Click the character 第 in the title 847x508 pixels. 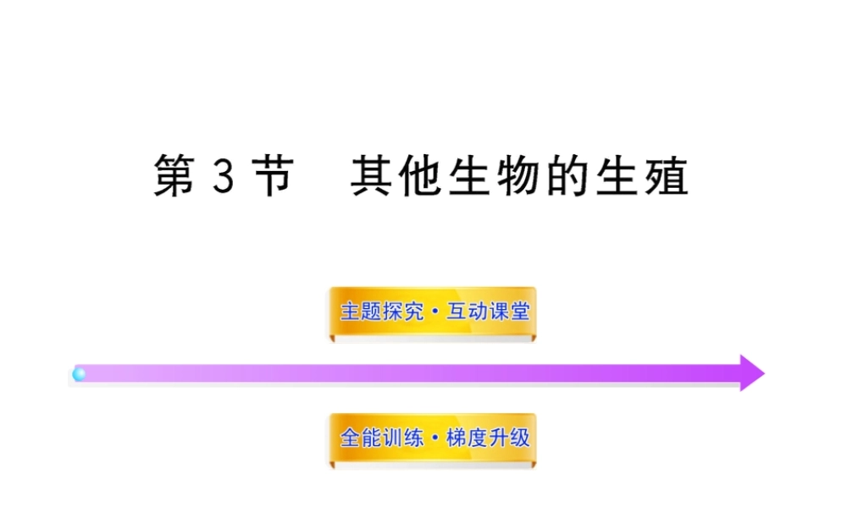click(174, 177)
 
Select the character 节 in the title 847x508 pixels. click(271, 177)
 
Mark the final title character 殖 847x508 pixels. click(667, 177)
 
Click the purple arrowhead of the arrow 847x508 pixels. click(750, 373)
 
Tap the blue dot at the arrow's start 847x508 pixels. click(79, 373)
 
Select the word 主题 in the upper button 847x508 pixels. click(360, 312)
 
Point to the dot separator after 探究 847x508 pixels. click(434, 312)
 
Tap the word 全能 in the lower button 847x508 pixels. click(360, 438)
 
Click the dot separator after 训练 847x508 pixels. click(434, 439)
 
